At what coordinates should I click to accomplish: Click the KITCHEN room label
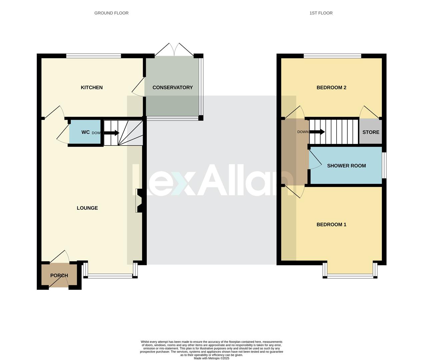[x=92, y=88]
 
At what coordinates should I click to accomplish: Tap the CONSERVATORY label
[x=172, y=88]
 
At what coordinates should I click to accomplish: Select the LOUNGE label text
[x=87, y=208]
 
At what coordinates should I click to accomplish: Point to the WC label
[x=85, y=132]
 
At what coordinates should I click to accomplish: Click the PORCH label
[x=59, y=276]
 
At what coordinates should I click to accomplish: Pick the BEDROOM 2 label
[x=331, y=88]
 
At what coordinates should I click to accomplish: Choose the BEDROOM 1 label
[x=331, y=225]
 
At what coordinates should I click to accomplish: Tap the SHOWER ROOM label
[x=346, y=166]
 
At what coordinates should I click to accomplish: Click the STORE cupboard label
[x=371, y=132]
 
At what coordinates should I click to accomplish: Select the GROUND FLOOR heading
[x=111, y=13]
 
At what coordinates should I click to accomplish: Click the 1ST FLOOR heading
[x=321, y=13]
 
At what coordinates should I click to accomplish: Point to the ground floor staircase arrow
[x=111, y=133]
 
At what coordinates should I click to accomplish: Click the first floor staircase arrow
[x=317, y=132]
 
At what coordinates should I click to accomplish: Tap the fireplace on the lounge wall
[x=139, y=200]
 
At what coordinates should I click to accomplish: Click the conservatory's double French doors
[x=174, y=49]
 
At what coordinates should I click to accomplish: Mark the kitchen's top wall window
[x=93, y=56]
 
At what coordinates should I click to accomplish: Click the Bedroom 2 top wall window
[x=332, y=56]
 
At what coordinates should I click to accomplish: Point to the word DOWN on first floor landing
[x=303, y=132]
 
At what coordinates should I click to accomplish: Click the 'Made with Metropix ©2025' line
[x=211, y=358]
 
